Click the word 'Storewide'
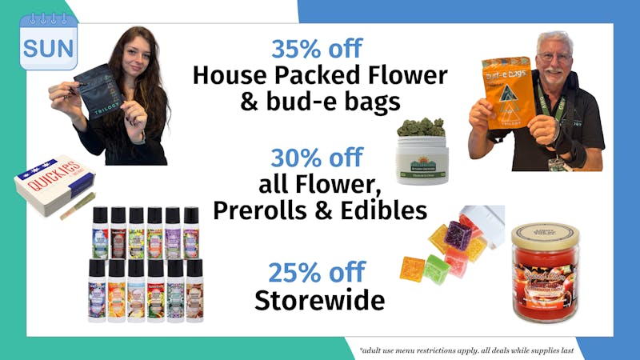(x=319, y=300)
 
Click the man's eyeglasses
(x=553, y=57)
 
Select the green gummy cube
(x=437, y=269)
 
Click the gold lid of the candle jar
(x=546, y=234)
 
